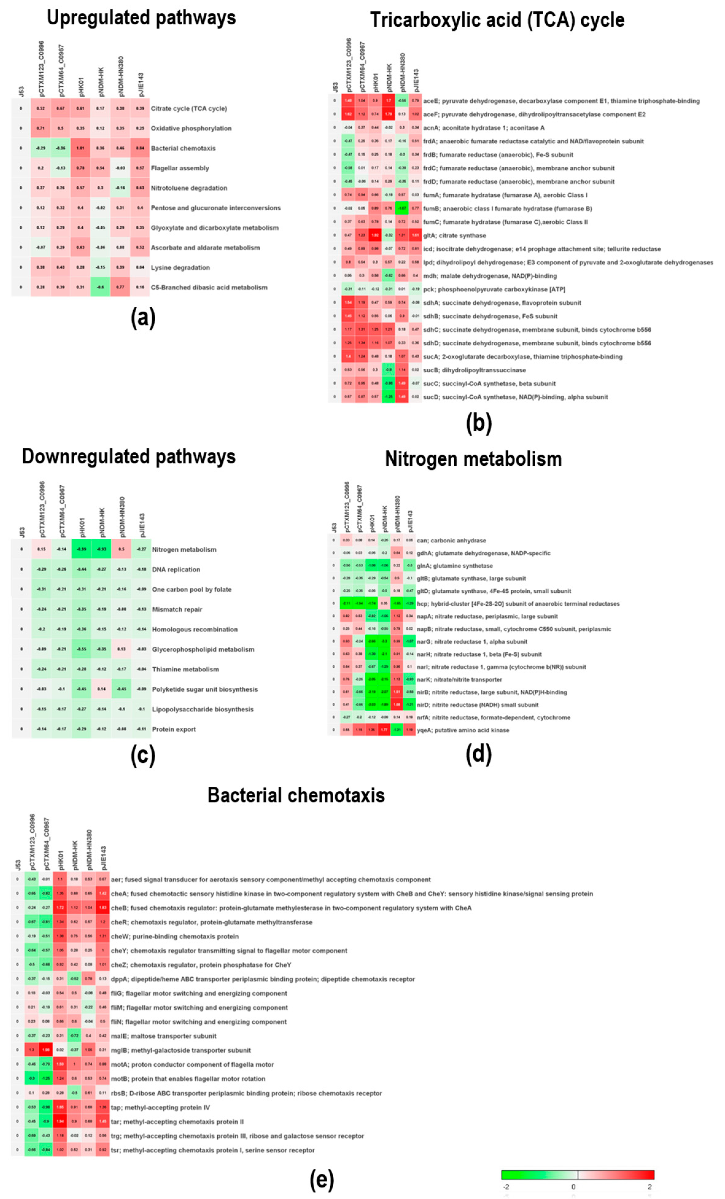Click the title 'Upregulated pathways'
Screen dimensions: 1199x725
(141, 18)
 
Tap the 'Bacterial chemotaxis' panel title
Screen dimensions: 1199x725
(296, 795)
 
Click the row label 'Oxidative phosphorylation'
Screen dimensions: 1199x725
(191, 128)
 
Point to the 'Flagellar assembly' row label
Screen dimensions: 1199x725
(180, 168)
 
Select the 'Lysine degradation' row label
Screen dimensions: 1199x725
(180, 268)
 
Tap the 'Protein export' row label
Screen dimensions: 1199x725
(174, 729)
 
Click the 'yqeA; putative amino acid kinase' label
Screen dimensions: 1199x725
(463, 730)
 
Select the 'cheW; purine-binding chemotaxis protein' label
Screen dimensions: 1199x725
(175, 936)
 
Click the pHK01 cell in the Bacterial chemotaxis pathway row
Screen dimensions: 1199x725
(81, 148)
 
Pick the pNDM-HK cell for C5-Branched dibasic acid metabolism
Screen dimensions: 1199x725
(100, 287)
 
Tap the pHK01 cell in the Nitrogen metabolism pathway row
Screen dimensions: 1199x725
(82, 549)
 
